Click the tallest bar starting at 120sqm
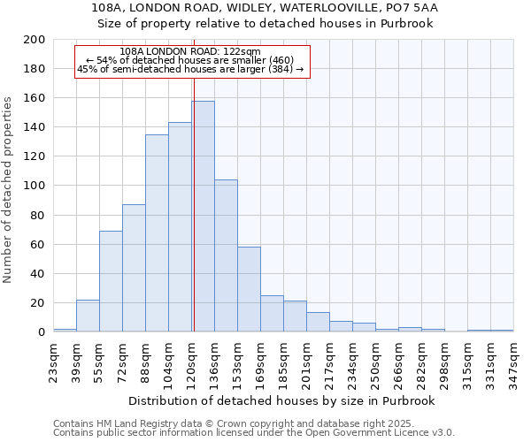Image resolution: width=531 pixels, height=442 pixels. (203, 217)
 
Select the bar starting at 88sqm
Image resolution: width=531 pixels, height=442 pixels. (157, 233)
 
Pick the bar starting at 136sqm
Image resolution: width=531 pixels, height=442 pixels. (226, 256)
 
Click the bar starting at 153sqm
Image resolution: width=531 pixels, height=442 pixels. (249, 289)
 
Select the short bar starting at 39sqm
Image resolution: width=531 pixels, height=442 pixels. (88, 316)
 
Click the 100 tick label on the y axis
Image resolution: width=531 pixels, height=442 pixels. (36, 186)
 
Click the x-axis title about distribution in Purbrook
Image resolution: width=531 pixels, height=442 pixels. (282, 400)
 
